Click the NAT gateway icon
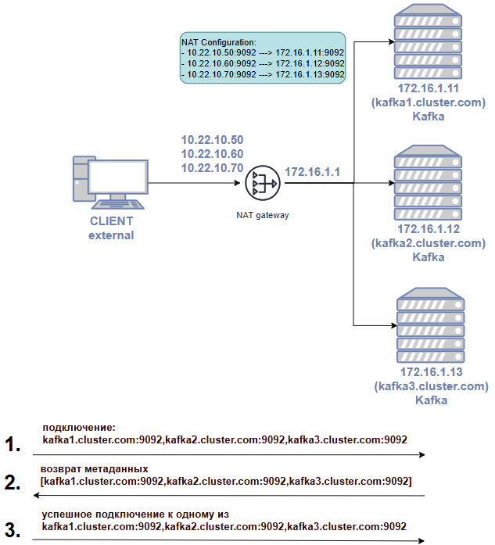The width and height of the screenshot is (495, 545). point(263,183)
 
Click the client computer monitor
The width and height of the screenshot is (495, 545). point(118,177)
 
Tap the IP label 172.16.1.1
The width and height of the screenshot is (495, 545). point(313,172)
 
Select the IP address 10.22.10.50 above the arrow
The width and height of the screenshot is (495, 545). point(212,140)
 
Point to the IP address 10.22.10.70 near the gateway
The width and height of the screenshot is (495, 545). point(212,168)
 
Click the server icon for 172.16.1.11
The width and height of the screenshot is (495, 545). point(428,41)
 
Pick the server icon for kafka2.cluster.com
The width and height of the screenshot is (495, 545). point(428,182)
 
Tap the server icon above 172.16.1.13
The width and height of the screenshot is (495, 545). point(431,325)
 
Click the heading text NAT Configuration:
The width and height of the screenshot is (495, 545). point(219,42)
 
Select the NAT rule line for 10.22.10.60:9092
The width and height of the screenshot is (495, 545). point(263,63)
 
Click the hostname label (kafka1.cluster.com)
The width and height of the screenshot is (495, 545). point(429,102)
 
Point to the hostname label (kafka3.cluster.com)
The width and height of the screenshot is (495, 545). point(432,386)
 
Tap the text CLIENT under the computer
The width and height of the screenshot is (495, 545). point(111,221)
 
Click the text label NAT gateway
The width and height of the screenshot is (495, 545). point(263,215)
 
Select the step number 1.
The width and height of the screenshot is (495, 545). point(13,444)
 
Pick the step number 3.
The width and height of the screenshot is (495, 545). point(13,530)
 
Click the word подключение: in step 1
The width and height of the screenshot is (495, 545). point(79,428)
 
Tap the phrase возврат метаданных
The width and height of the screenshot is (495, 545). point(94,469)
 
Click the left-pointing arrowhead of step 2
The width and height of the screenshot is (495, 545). point(36,495)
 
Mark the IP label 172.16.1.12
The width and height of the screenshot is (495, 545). point(429,229)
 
